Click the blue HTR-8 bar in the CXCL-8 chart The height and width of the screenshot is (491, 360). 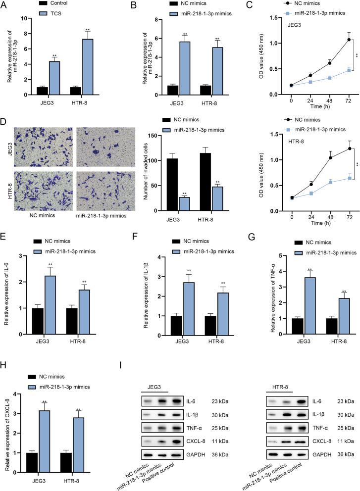click(92, 438)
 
